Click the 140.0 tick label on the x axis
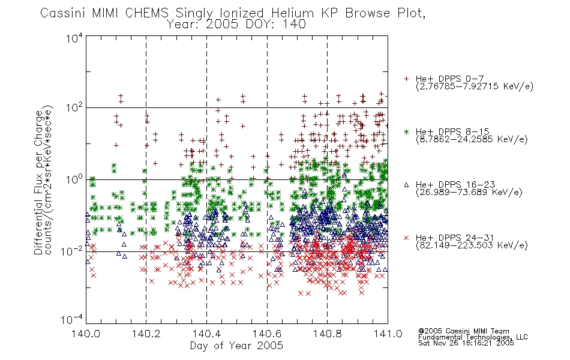[86, 334]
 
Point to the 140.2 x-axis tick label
[146, 334]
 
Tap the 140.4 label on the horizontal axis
[206, 334]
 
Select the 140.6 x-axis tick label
[267, 334]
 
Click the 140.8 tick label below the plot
[327, 334]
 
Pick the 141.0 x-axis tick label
[388, 334]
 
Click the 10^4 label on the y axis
[74, 38]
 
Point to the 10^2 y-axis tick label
[74, 107]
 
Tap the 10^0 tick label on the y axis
[74, 179]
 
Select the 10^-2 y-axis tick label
[72, 251]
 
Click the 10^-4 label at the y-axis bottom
[72, 320]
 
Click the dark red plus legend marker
[406, 79]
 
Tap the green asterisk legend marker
[406, 131]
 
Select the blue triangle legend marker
[406, 185]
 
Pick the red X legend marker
[406, 238]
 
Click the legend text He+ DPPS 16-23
[455, 185]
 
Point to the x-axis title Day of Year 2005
[236, 346]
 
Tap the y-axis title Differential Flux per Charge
[38, 182]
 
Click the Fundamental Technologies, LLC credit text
[473, 337]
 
